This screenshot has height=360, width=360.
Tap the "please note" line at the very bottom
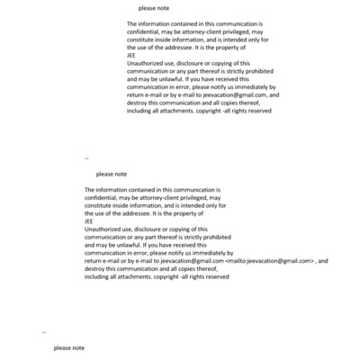(69, 346)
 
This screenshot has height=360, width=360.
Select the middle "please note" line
(112, 174)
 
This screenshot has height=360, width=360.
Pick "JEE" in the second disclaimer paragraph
(88, 221)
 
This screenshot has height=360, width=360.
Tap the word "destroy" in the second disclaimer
(96, 269)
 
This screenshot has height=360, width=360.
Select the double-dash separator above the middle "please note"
(86, 157)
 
